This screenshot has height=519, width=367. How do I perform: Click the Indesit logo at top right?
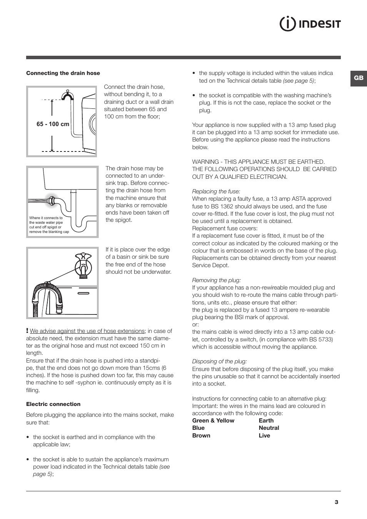pos(310,24)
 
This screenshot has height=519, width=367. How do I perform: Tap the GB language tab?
pos(359,78)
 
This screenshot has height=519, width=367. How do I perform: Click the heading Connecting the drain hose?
pos(63,73)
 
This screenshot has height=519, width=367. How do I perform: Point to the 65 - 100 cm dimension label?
pos(53,124)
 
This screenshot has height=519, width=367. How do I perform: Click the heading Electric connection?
pos(53,404)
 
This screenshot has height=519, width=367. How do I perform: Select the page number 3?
pos(336,502)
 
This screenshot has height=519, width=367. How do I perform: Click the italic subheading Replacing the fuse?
pos(216,191)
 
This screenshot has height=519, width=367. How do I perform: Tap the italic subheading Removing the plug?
pos(216,280)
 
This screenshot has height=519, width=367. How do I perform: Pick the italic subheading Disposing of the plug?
pos(219,361)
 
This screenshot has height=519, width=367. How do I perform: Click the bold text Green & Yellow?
pos(213,421)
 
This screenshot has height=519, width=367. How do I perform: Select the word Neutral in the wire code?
pos(269,428)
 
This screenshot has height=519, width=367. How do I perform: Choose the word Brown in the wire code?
pos(201,436)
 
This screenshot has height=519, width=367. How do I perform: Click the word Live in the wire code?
pos(264,436)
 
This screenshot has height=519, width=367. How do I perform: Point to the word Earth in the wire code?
pos(266,421)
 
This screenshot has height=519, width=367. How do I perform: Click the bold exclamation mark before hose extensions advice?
pos(27,331)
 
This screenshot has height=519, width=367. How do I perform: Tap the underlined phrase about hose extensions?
pos(87,331)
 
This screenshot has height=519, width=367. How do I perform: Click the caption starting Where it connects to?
pos(49,225)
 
